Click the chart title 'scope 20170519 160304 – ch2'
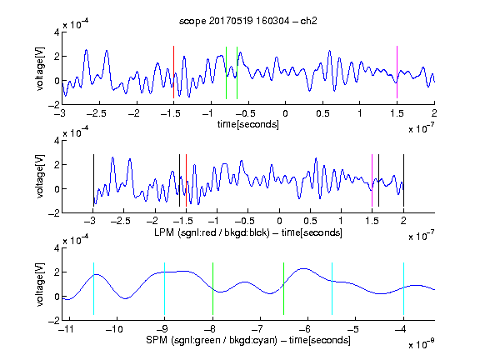(248, 21)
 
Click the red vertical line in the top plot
(173, 72)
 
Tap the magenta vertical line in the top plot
(397, 72)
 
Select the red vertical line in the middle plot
(186, 181)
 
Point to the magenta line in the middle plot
(372, 181)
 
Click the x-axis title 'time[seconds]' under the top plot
(248, 124)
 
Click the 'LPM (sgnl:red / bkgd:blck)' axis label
(212, 232)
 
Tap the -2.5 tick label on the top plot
(96, 113)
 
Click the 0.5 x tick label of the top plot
(322, 113)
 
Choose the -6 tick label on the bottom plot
(305, 329)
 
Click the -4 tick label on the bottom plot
(401, 329)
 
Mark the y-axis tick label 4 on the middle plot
(57, 141)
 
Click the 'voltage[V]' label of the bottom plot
(40, 285)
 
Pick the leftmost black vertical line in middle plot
(93, 181)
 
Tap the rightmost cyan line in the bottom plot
(404, 288)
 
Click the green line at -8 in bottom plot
(212, 288)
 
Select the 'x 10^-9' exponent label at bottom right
(422, 344)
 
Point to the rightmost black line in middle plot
(403, 181)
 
